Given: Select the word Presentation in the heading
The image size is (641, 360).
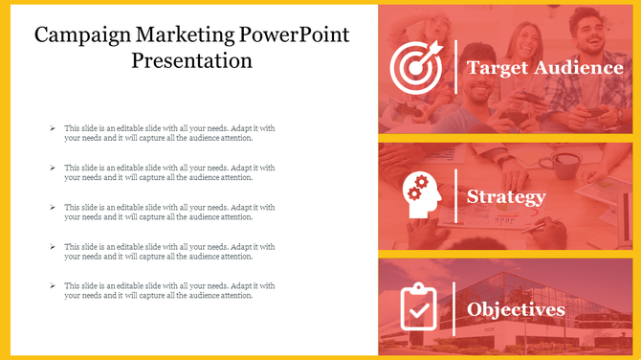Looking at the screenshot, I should pos(191,61).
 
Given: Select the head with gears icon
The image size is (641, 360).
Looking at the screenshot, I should pos(421,195).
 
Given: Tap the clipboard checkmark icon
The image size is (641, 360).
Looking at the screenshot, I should pos(418,307).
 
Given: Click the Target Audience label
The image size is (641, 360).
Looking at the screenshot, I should pos(544,68).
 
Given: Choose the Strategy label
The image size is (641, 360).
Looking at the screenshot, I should pos(506,196).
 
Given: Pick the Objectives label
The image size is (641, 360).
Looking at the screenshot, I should pos(516,309).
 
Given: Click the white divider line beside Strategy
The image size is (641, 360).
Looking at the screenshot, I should pos(455,195).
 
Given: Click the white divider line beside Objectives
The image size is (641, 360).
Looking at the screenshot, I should pos(455,308).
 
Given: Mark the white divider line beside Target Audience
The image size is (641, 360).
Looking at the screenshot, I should pos(455,67).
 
